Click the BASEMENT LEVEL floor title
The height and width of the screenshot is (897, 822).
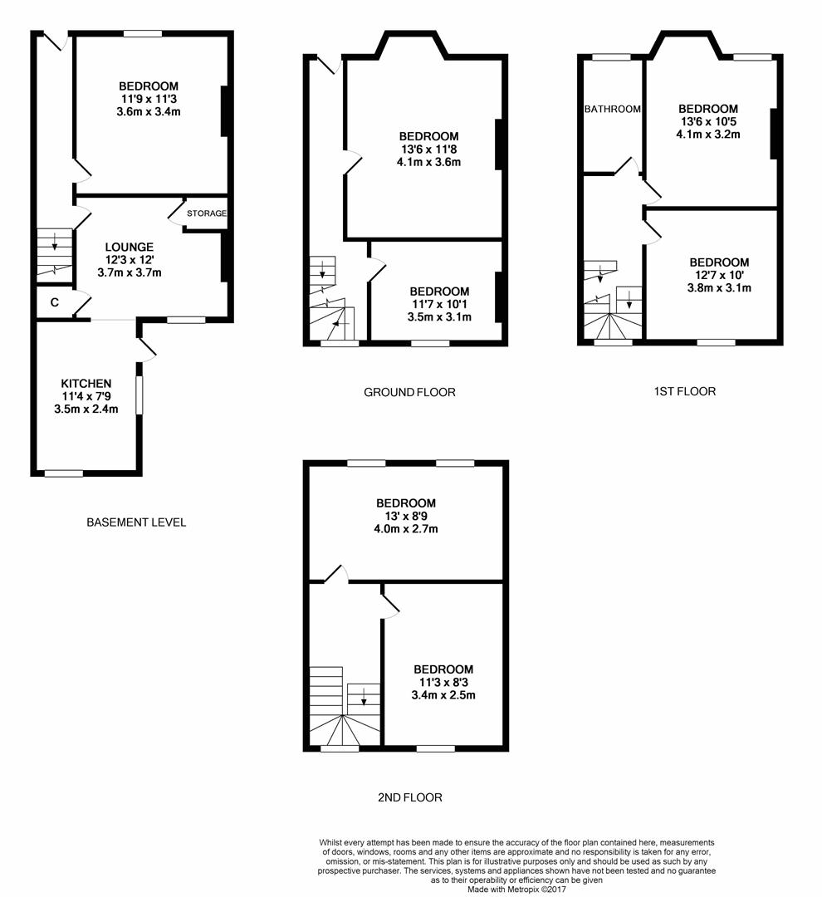[x=136, y=522]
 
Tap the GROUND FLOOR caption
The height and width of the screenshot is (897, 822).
[x=409, y=392]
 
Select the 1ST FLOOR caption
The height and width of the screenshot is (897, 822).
[x=684, y=391]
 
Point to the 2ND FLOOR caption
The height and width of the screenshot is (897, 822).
[x=409, y=797]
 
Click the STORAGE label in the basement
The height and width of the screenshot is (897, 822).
[x=206, y=213]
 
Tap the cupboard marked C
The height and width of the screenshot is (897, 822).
[x=54, y=302]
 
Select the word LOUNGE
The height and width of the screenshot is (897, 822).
[x=129, y=247]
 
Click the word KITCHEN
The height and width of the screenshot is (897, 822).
[x=86, y=383]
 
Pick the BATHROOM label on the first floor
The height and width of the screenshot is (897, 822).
[x=613, y=109]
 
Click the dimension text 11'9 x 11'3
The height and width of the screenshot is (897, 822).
[x=149, y=99]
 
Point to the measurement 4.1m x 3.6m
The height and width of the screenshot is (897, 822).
[x=428, y=162]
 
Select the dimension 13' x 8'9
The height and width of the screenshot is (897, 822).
[x=406, y=516]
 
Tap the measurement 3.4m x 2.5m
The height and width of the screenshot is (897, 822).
[x=443, y=695]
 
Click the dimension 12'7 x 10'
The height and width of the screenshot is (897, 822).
[x=719, y=275]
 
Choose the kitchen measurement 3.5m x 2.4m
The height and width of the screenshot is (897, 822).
[x=86, y=409]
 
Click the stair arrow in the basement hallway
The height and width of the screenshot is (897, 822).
[x=55, y=242]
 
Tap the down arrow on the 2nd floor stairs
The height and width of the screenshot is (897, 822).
[x=364, y=695]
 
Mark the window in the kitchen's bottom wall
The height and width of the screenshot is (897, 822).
[x=64, y=473]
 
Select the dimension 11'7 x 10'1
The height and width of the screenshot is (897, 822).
[x=439, y=304]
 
